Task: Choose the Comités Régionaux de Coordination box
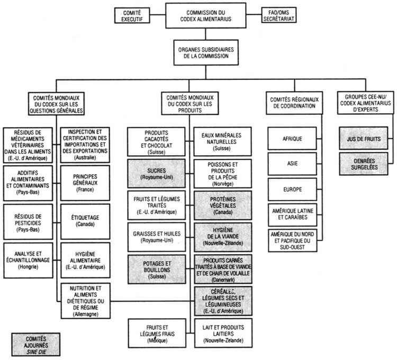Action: tap(293, 103)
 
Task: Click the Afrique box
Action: tap(293, 139)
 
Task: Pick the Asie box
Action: tap(293, 164)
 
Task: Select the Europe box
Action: tap(293, 188)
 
